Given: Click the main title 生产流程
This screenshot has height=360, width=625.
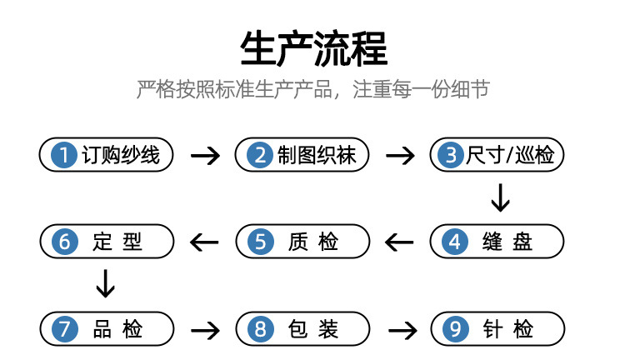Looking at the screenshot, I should (313, 47).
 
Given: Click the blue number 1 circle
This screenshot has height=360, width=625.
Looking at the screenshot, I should (62, 155).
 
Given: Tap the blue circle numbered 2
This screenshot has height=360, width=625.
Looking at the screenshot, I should (260, 155).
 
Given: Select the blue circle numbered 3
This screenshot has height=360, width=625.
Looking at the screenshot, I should (452, 155).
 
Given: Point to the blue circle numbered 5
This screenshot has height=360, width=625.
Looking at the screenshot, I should (260, 242).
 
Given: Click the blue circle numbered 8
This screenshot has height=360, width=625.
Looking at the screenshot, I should (260, 328).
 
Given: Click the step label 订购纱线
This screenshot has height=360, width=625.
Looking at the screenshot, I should (120, 155).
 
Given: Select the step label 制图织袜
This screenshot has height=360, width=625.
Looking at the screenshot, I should (317, 155).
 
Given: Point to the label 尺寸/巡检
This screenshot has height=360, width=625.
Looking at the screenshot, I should (510, 155).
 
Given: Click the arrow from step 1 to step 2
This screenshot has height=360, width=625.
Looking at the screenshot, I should (205, 156).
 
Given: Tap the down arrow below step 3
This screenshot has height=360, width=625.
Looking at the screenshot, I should (499, 198).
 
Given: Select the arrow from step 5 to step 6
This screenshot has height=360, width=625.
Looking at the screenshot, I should (205, 242).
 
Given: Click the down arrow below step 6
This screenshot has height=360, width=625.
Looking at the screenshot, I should (105, 284).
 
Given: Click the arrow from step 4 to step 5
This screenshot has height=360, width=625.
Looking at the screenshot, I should (399, 242).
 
